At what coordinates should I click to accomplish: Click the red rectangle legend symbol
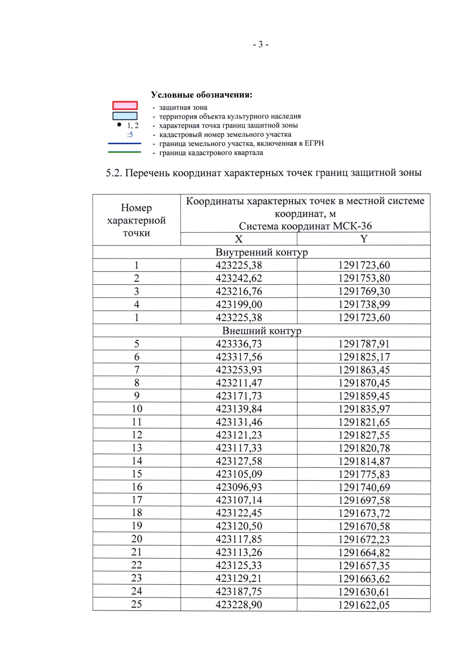pos(125,105)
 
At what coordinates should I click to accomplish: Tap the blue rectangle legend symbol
pos(125,116)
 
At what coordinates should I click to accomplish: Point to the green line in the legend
pos(124,152)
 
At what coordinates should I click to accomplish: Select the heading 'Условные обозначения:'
pos(202,95)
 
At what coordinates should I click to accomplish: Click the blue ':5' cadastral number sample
pos(130,135)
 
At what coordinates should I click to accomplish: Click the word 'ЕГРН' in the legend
pos(314,143)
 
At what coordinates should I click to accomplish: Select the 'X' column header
pos(238,239)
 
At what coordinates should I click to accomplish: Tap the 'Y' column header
pos(363,239)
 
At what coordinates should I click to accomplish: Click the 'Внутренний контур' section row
pos(261,252)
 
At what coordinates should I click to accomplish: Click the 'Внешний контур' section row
pos(261,331)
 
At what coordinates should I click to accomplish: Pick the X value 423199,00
pos(239,304)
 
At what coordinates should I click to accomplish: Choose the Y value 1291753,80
pos(364,278)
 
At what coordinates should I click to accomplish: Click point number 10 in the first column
pos(137,409)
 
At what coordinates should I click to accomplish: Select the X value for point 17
pos(239,500)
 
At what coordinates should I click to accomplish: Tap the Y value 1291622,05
pos(364,605)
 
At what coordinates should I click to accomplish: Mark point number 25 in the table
pos(137,604)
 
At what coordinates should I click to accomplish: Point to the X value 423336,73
pos(239,344)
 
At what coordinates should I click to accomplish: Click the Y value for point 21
pos(364,552)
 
